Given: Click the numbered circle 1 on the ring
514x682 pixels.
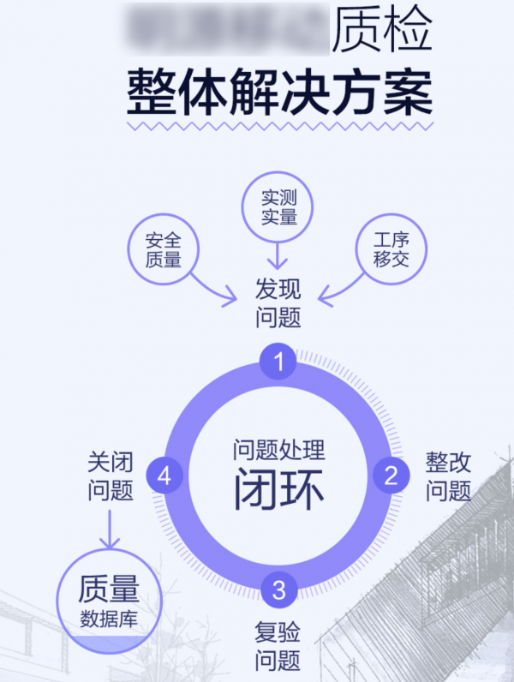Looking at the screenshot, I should click(278, 362).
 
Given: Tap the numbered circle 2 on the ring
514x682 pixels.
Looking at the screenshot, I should click(391, 475).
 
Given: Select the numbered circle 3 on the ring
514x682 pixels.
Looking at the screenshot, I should click(278, 589).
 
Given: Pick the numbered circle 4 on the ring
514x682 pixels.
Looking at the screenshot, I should click(164, 476).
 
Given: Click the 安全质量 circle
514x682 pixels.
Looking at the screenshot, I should click(163, 249).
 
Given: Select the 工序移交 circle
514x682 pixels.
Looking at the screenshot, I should click(391, 249).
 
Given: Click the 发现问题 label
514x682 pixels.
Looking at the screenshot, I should click(278, 303).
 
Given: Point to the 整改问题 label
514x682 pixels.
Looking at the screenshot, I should click(449, 476).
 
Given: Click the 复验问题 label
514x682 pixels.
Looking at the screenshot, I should click(278, 647).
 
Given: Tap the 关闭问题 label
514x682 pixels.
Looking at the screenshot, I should click(111, 476).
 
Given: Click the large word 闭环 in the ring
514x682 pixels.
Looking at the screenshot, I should click(278, 490).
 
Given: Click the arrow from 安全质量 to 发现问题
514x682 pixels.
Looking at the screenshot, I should click(214, 290).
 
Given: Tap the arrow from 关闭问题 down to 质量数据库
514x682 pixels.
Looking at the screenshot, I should click(110, 529).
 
